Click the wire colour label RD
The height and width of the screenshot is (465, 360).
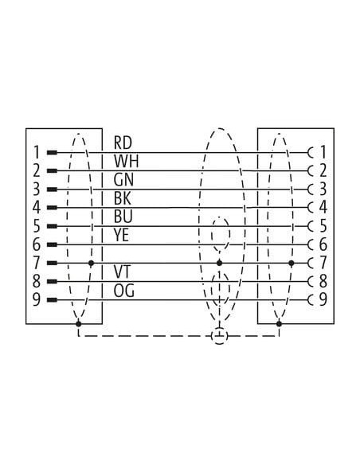click(123, 143)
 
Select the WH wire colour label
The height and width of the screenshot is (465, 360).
click(126, 162)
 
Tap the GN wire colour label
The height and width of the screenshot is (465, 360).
click(123, 180)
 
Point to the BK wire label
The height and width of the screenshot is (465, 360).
click(122, 198)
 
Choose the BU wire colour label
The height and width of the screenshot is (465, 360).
click(123, 217)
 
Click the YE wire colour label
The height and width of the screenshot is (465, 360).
click(121, 235)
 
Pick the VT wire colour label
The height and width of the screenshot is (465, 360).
click(122, 272)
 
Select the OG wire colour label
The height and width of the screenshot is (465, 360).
click(123, 291)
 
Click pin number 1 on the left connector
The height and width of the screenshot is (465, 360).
click(36, 152)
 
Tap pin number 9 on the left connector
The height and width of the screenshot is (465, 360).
click(36, 300)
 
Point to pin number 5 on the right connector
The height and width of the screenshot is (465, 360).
click(323, 226)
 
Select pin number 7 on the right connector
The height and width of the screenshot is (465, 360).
click(323, 263)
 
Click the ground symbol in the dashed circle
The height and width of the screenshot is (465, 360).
click(219, 336)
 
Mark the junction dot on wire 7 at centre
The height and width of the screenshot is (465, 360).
click(219, 263)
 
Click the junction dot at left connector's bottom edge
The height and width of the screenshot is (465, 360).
click(79, 323)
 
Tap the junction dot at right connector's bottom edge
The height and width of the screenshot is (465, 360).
click(279, 323)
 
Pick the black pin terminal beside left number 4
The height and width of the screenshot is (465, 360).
click(52, 208)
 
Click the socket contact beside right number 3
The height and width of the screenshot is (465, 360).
click(311, 190)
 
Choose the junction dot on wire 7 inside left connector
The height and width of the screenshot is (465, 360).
click(92, 263)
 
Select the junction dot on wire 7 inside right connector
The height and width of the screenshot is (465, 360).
click(292, 263)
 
